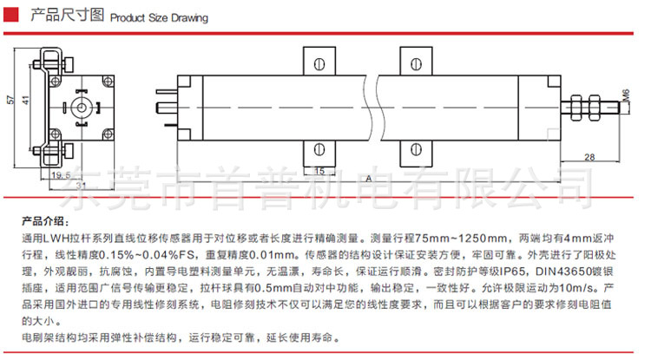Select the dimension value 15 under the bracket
point(319,171)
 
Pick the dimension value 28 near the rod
point(589,156)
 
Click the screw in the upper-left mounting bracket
point(319,62)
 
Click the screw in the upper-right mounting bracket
point(415,62)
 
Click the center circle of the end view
point(81,108)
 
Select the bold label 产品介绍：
point(43,219)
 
